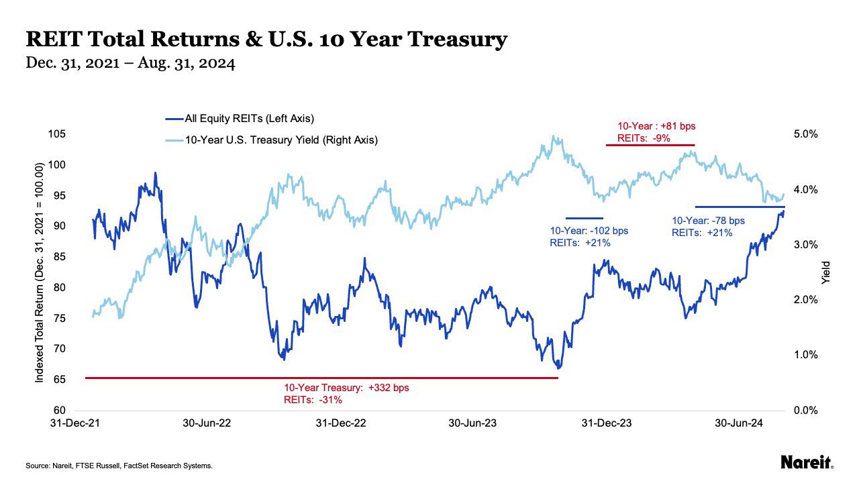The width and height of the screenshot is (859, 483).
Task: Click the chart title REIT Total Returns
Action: point(266,40)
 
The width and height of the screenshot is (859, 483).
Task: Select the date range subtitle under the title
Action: point(130,64)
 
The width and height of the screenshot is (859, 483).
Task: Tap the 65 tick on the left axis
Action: point(59,380)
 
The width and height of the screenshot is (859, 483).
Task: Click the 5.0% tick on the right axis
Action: point(805,134)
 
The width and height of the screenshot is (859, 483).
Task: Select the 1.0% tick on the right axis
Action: point(805,355)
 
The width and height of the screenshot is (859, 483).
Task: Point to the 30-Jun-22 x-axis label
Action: point(207,423)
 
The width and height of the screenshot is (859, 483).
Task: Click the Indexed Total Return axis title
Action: point(40,272)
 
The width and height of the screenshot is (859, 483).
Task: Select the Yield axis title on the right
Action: point(826,272)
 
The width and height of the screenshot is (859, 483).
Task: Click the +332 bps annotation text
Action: point(346,388)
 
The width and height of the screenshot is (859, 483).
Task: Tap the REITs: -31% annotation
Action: point(313,400)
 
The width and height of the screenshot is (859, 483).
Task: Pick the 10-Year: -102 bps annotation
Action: point(589,231)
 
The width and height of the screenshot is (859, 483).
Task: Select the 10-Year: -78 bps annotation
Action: point(708,221)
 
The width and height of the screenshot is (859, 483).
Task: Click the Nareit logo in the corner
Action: point(807,462)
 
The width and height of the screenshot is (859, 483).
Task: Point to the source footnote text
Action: point(119,466)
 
